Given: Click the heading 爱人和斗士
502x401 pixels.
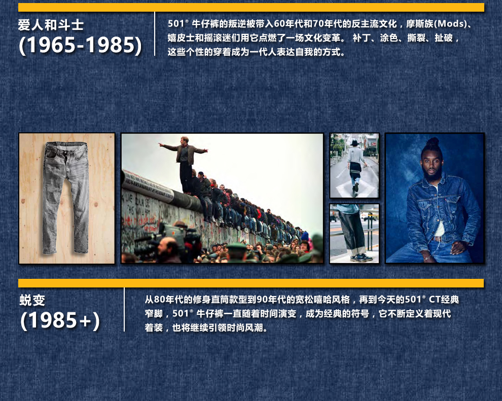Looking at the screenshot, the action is click(x=51, y=25).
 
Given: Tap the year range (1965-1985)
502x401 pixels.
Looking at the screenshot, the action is click(x=80, y=45).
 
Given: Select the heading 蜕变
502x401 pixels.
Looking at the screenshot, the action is click(x=32, y=300).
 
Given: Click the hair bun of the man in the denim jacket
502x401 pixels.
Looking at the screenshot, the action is click(x=433, y=142).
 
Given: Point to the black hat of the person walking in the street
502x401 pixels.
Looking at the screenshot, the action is click(x=354, y=143).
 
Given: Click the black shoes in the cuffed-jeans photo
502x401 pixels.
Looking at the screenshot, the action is click(x=362, y=257).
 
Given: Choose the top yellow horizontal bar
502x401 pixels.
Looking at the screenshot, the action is click(x=251, y=8).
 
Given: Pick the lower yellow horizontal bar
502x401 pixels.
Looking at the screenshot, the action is click(x=251, y=283).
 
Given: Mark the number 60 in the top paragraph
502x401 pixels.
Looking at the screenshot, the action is click(x=279, y=24).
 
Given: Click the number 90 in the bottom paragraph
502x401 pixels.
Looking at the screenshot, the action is click(x=262, y=300).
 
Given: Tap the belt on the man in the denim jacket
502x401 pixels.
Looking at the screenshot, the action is click(x=437, y=239).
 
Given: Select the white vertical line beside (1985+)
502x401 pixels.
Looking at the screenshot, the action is click(x=124, y=309).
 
